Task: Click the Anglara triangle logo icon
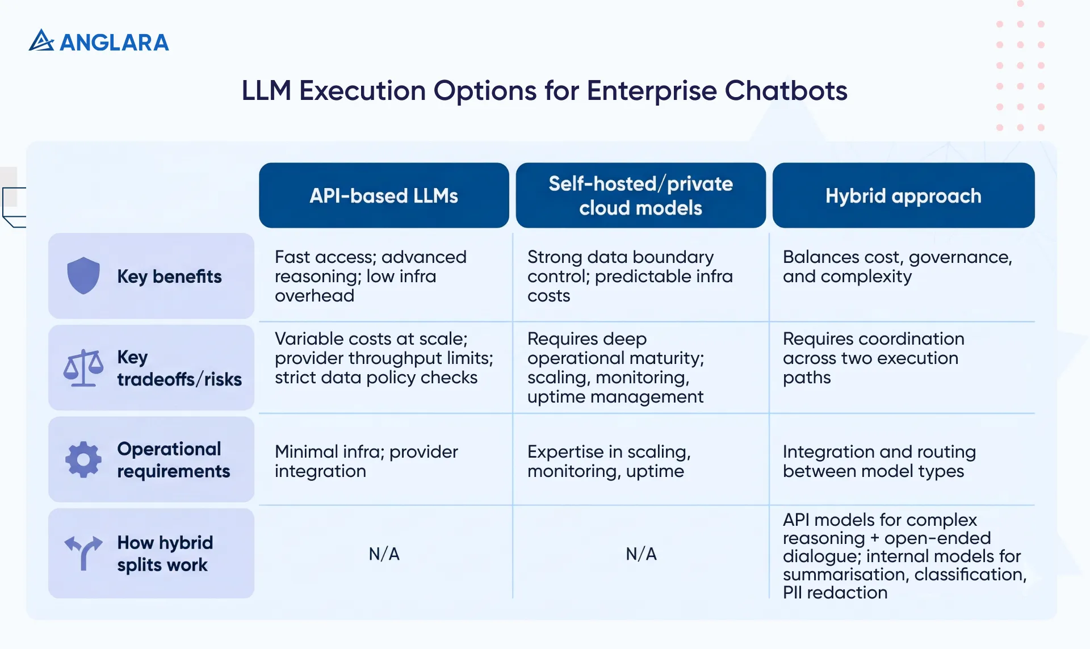tap(41, 41)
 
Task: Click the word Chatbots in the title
tap(786, 91)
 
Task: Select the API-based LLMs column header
tap(384, 196)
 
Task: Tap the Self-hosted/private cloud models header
tap(640, 196)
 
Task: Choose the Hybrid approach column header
tap(903, 196)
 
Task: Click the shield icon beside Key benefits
tap(83, 275)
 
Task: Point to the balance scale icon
tap(83, 368)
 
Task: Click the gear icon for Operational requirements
tap(83, 459)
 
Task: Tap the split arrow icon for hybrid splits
tap(83, 552)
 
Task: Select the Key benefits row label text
tap(169, 277)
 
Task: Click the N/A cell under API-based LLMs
tap(384, 554)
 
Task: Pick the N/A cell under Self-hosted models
tap(641, 554)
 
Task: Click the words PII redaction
tap(835, 593)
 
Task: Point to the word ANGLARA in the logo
tap(114, 43)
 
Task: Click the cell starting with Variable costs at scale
tap(384, 358)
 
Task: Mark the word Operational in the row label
tap(169, 449)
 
